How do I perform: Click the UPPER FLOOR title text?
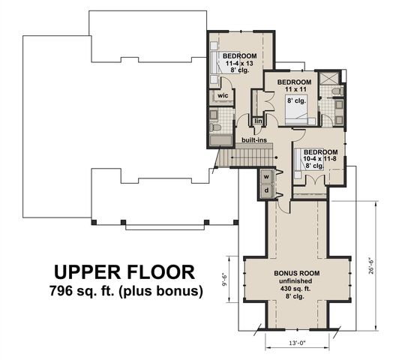point(124,271)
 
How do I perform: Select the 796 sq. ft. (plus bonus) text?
point(124,290)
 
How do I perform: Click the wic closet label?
point(223,96)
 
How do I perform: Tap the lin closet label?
point(258,120)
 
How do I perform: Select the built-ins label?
point(253,139)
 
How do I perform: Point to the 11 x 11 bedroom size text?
point(294,89)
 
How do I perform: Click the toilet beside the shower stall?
point(338,91)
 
